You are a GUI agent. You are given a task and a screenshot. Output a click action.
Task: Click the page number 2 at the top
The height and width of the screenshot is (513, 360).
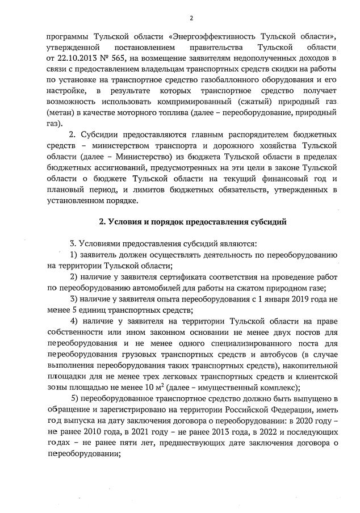[x=191, y=18]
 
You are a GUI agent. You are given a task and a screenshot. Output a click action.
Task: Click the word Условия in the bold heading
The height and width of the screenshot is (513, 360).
[x=128, y=221]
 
